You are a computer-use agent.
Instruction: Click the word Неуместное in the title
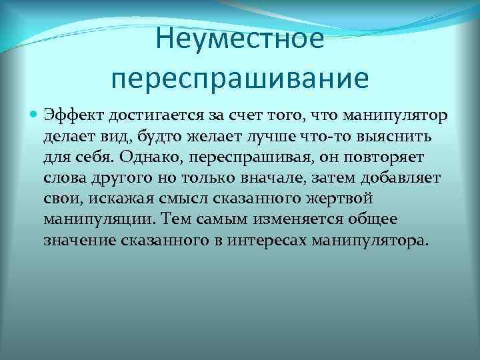pyautogui.click(x=240, y=38)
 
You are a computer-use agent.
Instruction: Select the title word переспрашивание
pyautogui.click(x=240, y=77)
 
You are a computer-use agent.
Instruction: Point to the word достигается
pyautogui.click(x=143, y=116)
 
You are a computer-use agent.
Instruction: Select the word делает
pyautogui.click(x=68, y=137)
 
